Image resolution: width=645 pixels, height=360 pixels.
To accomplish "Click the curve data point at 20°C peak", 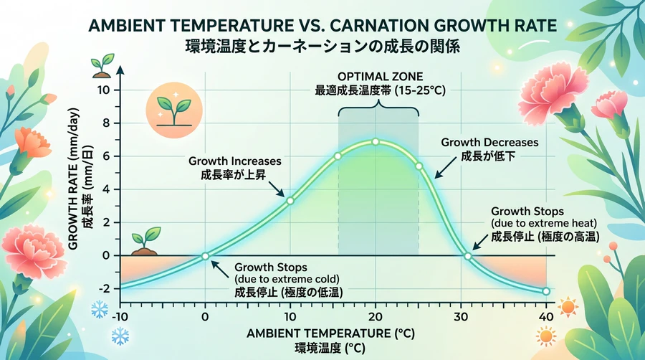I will pos(375,142).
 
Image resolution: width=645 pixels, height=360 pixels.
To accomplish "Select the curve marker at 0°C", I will pos(205,256).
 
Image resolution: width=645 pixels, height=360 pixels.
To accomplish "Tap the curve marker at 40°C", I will pos(546,291).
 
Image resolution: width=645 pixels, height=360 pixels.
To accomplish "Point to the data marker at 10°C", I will pos(290,200).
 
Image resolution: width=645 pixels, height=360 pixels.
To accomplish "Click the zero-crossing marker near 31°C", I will pos(468,256).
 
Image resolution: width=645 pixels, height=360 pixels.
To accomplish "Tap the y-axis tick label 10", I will pos(104,90).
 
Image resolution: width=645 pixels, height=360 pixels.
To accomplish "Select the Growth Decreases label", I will pos(489,142).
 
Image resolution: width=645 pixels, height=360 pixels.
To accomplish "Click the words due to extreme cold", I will pos(287,278).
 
